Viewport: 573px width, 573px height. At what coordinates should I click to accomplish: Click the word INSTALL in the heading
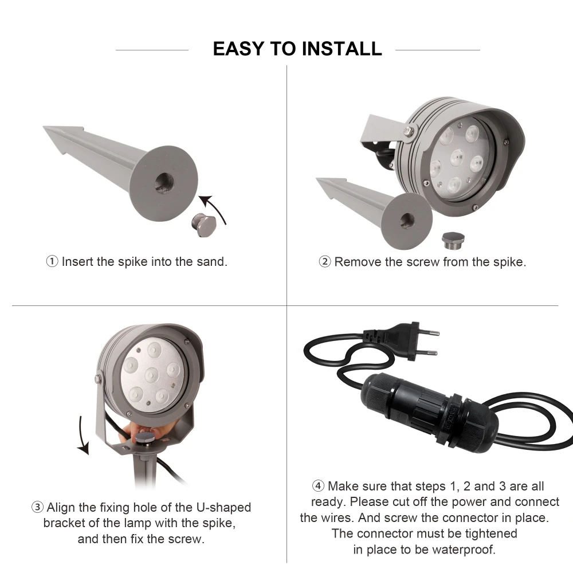[x=342, y=49]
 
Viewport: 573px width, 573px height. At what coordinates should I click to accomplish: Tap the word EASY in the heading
[x=238, y=49]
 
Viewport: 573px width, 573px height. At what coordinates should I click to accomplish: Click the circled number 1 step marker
[x=52, y=262]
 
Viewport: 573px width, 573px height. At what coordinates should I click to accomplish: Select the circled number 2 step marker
[x=325, y=262]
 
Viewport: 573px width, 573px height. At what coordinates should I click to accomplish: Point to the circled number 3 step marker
[x=37, y=507]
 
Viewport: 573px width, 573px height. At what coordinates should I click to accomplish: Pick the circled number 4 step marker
[x=318, y=486]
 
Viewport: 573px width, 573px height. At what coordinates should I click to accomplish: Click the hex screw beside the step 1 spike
[x=203, y=225]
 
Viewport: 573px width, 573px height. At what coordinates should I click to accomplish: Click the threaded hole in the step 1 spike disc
[x=164, y=183]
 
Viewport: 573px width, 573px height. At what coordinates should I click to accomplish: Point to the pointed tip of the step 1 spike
[x=45, y=128]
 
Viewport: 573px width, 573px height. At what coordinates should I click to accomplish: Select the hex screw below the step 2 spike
[x=453, y=240]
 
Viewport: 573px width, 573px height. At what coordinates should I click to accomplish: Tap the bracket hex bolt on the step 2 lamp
[x=409, y=131]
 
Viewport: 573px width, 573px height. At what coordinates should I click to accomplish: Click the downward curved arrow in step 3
[x=83, y=437]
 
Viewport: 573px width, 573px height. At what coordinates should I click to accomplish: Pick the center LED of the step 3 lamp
[x=151, y=375]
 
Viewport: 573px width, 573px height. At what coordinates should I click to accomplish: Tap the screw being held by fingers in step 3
[x=145, y=438]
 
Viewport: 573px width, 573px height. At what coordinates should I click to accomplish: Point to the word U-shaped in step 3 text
[x=223, y=508]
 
